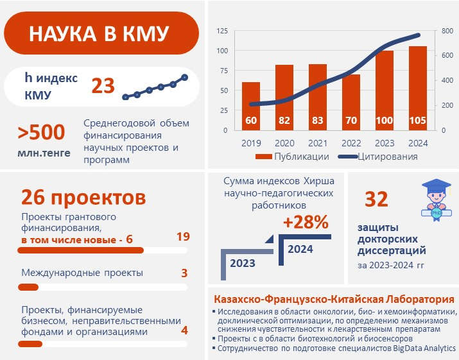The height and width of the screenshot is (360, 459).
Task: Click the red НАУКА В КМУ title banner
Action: point(100,34)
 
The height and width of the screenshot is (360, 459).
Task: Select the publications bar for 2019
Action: point(251,106)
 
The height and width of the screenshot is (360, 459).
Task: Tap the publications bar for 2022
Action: point(351,102)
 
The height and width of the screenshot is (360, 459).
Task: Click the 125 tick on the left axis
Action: point(222,31)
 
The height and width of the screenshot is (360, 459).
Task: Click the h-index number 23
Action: point(103,85)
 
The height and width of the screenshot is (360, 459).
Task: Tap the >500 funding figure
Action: point(41,132)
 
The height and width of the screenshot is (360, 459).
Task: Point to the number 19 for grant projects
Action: point(183,237)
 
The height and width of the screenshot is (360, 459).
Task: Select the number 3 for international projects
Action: point(184,273)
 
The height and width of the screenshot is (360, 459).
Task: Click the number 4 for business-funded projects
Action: point(184,331)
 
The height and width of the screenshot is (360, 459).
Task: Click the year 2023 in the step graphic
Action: point(243,263)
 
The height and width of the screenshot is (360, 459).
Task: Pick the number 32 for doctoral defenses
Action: point(376,200)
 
